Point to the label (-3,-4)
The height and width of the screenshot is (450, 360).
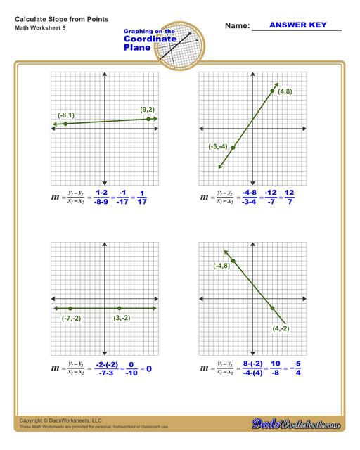click(218, 146)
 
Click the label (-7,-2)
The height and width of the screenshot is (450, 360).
click(71, 318)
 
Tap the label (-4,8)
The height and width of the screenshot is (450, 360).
click(222, 266)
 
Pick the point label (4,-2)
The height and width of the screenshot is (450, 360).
click(281, 328)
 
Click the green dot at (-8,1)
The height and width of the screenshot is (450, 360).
click(65, 124)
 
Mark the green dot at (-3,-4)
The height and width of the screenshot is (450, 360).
click(233, 148)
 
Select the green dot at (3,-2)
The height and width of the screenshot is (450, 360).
click(120, 308)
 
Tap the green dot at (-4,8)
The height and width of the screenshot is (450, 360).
click(233, 261)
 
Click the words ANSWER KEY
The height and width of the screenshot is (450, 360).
click(296, 25)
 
